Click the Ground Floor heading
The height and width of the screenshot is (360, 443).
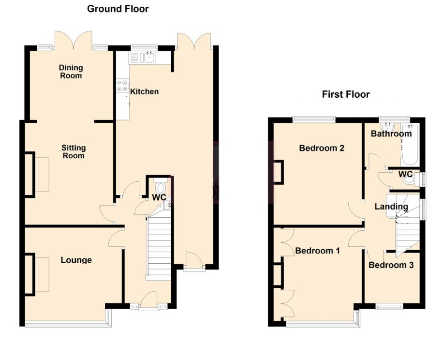118,9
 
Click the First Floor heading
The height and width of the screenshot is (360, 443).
346,94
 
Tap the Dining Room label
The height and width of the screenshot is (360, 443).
71,72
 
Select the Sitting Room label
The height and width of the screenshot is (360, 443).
74,152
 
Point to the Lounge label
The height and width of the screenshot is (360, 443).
76,260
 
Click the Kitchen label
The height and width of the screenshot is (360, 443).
145,91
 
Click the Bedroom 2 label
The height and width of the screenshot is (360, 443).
322,148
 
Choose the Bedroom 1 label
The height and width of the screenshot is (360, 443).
318,251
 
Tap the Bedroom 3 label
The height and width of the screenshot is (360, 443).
391,265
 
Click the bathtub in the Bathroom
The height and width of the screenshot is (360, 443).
410,145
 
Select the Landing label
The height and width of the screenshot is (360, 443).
391,207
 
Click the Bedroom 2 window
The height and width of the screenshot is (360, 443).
314,120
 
